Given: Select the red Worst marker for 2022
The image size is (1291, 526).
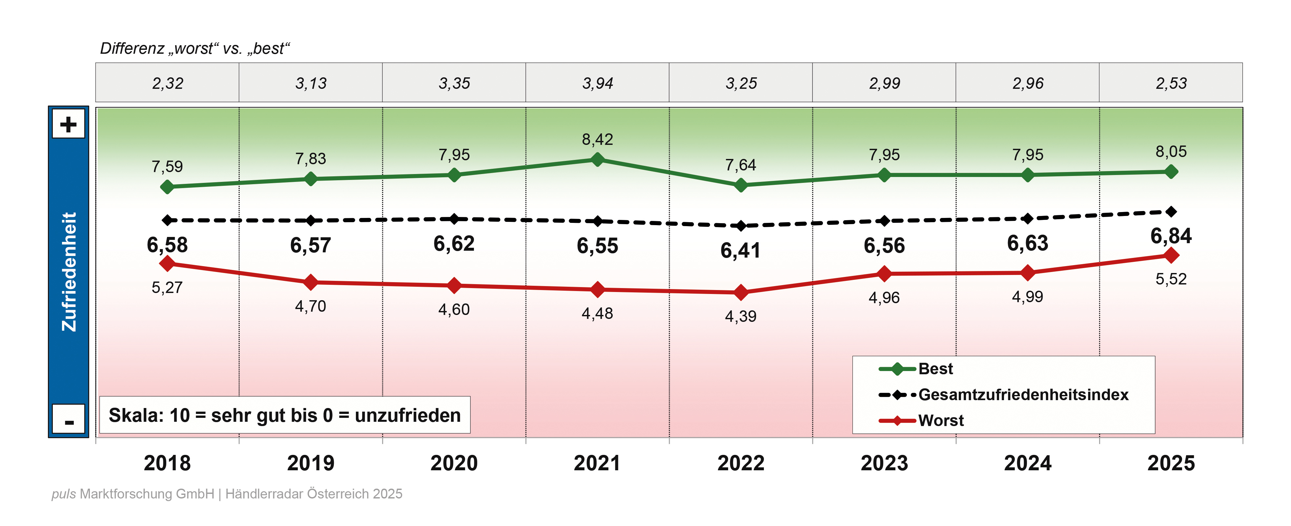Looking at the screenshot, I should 741,292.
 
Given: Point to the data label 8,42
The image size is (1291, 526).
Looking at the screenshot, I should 597,139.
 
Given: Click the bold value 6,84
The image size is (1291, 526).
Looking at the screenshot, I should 1171,235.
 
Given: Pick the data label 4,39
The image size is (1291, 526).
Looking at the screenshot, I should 741,316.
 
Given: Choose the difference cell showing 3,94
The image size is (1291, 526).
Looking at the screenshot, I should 597,83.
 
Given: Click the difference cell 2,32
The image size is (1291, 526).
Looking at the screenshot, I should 167,83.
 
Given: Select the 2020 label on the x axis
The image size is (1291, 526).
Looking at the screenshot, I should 454,463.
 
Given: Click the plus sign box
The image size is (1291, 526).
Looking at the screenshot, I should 69,124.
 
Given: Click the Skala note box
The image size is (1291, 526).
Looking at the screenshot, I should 285,415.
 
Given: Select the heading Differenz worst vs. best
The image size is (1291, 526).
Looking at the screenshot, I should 195,49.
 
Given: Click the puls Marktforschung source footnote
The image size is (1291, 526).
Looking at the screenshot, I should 227,494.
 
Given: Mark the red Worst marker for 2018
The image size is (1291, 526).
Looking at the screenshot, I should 167,263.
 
